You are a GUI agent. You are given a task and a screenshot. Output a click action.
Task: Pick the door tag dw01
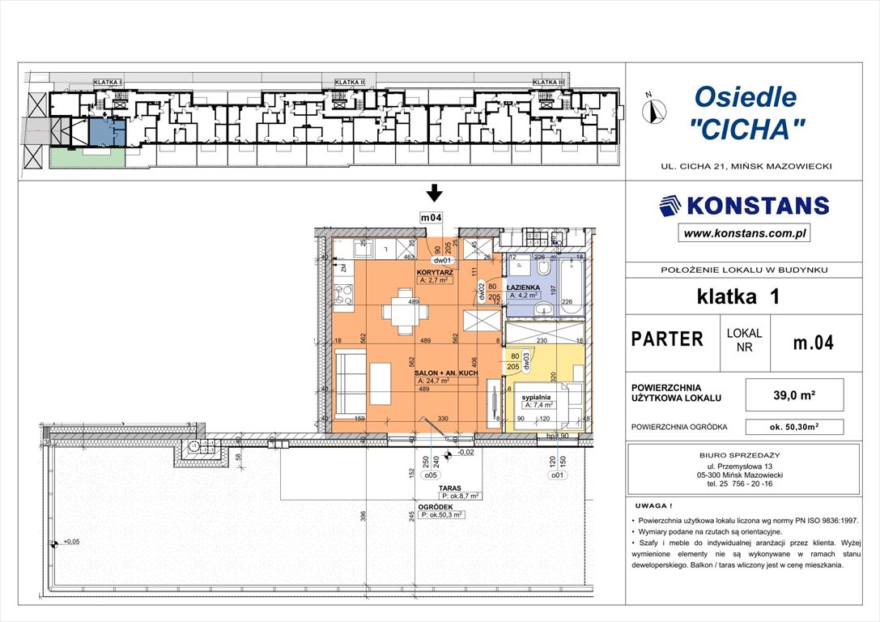click(441, 261)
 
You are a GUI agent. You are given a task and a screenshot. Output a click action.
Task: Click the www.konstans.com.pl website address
click(745, 234)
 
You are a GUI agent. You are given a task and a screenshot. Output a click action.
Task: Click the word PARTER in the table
click(668, 339)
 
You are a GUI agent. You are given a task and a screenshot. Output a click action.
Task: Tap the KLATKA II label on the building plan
click(351, 83)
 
